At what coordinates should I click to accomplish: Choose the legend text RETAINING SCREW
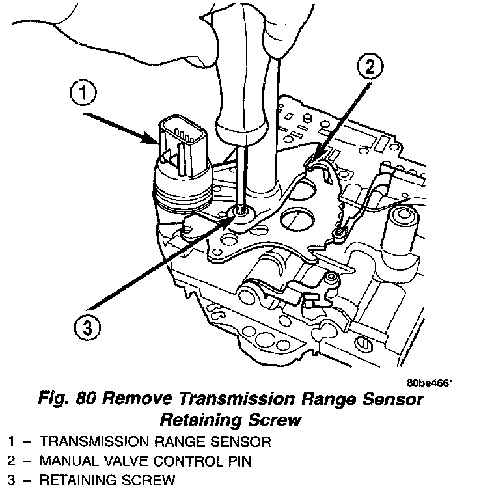[108, 482]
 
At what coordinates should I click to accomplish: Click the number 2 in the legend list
[12, 461]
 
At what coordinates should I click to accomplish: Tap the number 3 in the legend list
[12, 482]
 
